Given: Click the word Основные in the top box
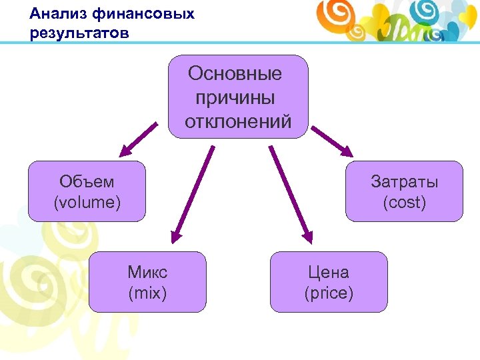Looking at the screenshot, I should pyautogui.click(x=235, y=73).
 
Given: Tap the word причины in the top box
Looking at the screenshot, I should pyautogui.click(x=235, y=98).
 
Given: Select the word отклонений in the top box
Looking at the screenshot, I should pyautogui.click(x=238, y=122).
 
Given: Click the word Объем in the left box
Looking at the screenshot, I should pyautogui.click(x=87, y=181).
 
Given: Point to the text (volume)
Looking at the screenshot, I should pyautogui.click(x=87, y=201).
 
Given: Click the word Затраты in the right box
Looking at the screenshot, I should pyautogui.click(x=404, y=181).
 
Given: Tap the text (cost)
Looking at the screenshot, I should pyautogui.click(x=404, y=201).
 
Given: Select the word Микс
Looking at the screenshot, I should pyautogui.click(x=147, y=272).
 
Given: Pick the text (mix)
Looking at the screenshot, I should pyautogui.click(x=147, y=292).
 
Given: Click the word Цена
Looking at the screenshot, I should pyautogui.click(x=328, y=272).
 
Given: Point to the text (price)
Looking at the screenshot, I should pyautogui.click(x=328, y=292).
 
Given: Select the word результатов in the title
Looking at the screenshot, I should pyautogui.click(x=79, y=33).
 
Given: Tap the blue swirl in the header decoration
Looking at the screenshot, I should pyautogui.click(x=426, y=9).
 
